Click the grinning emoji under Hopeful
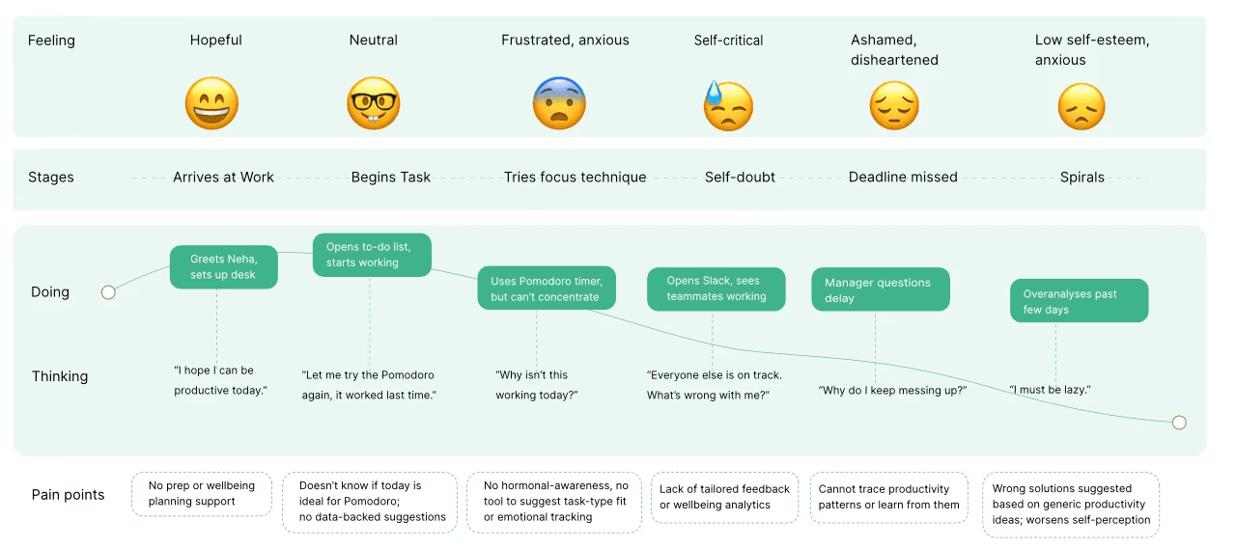(211, 103)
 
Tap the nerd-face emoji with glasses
(374, 103)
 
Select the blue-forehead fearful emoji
(559, 103)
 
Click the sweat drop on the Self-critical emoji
(714, 93)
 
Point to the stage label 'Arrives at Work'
(223, 177)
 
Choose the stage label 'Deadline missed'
(903, 177)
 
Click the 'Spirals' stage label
(1082, 177)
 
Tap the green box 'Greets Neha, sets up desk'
(223, 267)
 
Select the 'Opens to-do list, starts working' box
(372, 255)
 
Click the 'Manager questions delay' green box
(881, 289)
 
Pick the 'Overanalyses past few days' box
(1080, 300)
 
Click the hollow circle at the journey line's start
(108, 292)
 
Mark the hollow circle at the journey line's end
(1179, 423)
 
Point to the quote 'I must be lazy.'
(1050, 390)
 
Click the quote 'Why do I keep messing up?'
(892, 390)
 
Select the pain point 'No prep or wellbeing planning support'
(202, 493)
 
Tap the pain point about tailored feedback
(724, 497)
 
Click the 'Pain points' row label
(68, 494)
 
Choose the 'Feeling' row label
(51, 41)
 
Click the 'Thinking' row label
(60, 376)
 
